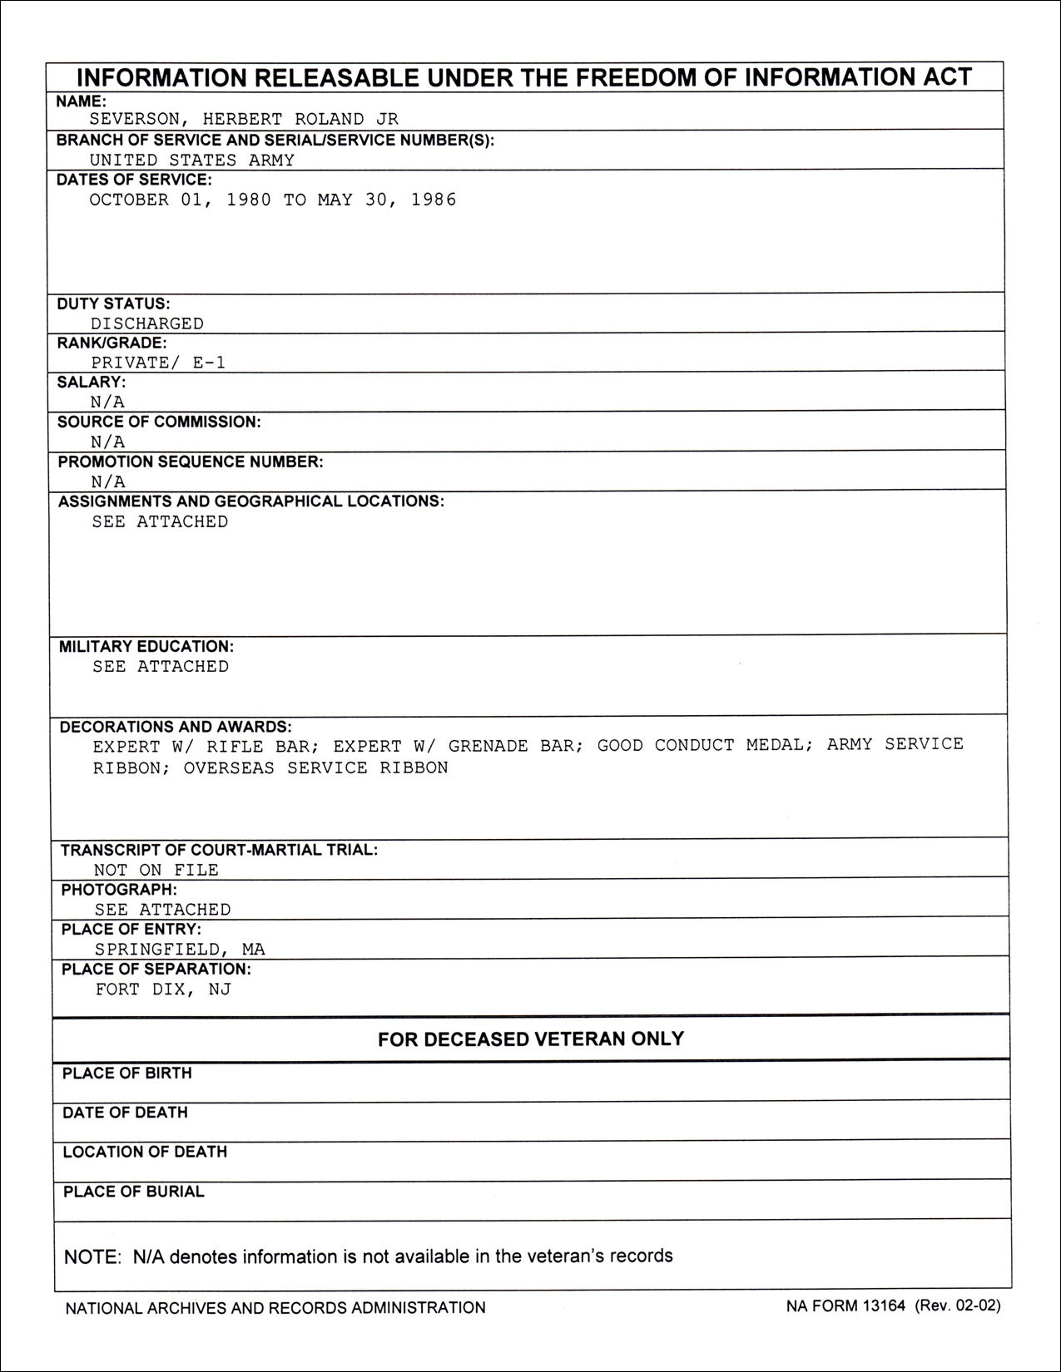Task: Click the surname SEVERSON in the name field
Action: pos(133,120)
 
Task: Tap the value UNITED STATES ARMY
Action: pos(191,160)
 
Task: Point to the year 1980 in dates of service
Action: pos(249,200)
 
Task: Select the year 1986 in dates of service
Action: pos(434,200)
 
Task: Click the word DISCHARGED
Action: pos(147,323)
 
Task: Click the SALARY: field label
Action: pos(92,382)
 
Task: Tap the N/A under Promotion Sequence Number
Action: pos(108,481)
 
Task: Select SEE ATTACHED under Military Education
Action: pos(161,666)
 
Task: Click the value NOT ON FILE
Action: pos(156,870)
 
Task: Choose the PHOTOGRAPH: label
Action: pos(119,890)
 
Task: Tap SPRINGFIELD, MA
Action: pos(180,949)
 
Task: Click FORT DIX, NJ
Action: pos(163,990)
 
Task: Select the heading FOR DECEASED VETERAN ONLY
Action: pos(531,1039)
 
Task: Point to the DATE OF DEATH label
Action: pos(125,1113)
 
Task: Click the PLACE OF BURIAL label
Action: pos(133,1192)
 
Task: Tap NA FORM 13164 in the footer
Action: pos(845,1305)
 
